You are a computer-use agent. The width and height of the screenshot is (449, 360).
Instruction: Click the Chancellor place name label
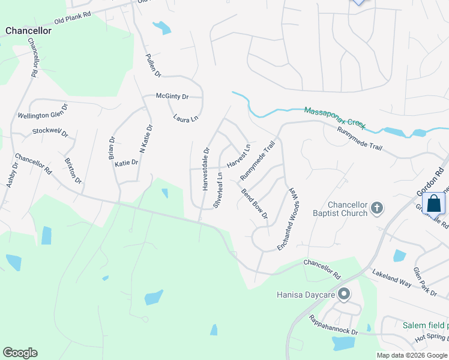28,31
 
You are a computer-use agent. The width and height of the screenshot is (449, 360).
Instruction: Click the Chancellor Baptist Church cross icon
376,208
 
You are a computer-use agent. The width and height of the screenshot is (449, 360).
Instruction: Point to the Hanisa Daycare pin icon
344,295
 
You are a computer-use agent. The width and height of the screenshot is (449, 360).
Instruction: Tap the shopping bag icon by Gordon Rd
434,204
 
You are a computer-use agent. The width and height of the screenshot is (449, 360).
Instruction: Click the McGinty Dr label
172,96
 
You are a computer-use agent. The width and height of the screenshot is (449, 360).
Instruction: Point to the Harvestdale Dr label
206,169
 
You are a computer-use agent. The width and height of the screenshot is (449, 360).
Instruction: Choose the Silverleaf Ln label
219,190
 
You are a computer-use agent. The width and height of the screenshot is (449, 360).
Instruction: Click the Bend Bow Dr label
254,204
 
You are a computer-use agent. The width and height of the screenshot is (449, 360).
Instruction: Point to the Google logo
20,353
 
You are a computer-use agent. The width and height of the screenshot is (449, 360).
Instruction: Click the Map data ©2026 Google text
412,355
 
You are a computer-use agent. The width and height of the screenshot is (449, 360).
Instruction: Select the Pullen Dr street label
154,65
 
